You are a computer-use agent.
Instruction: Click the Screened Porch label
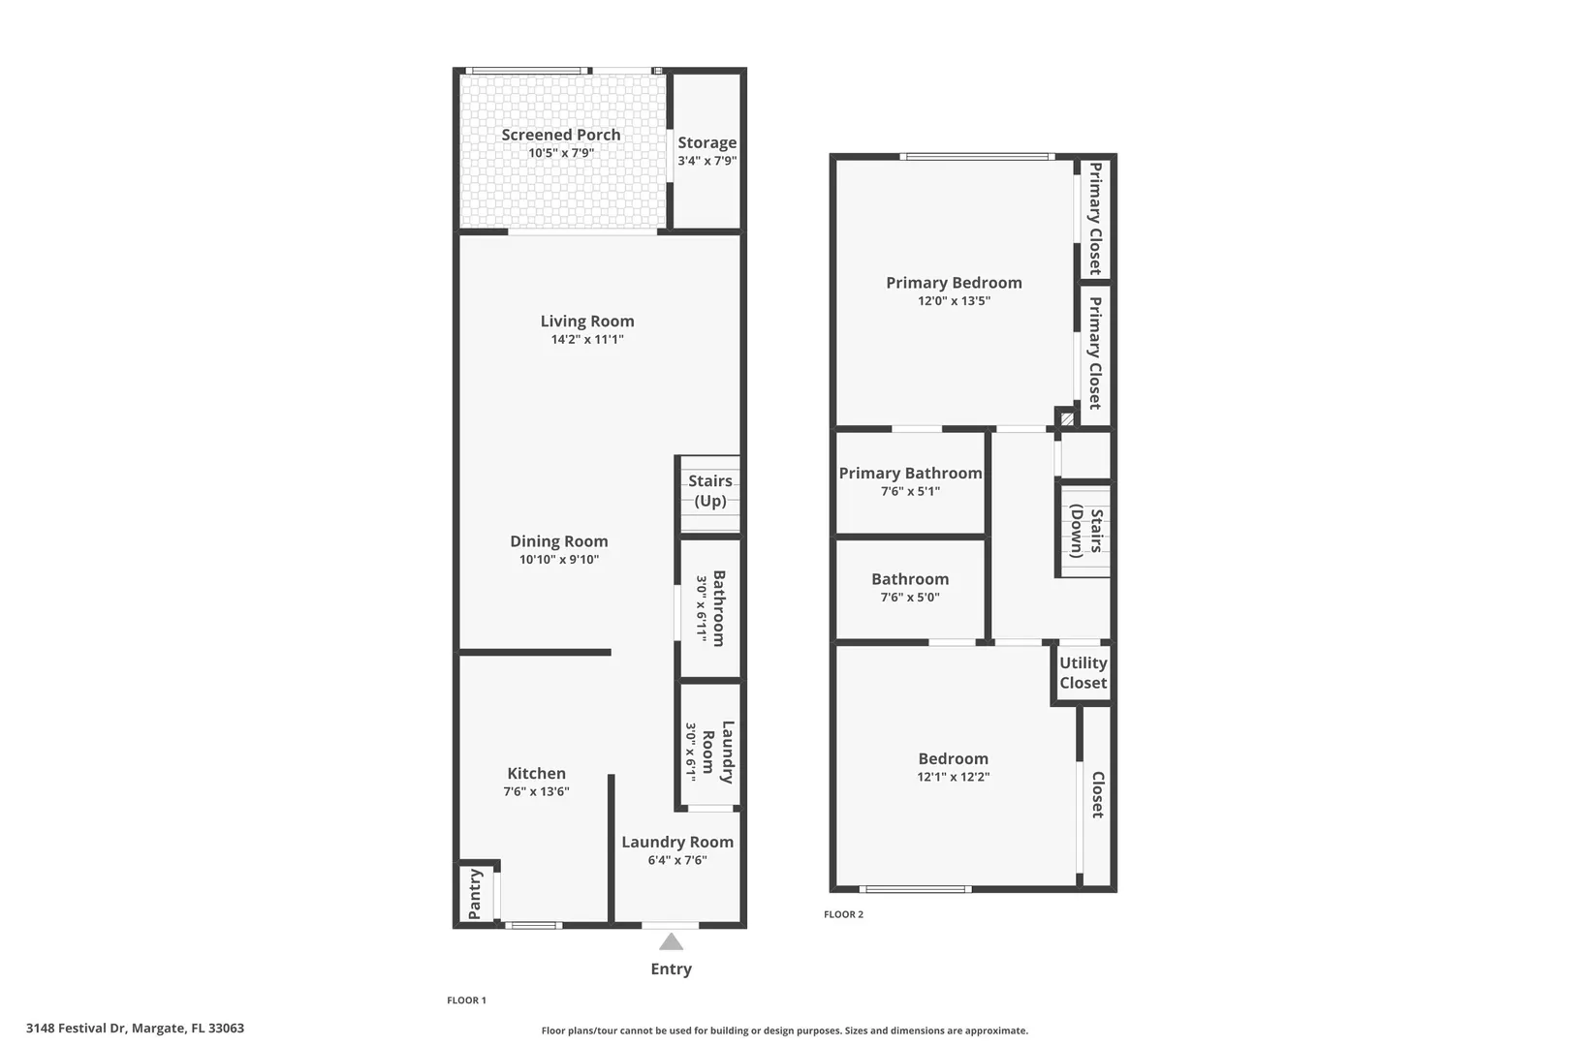point(561,135)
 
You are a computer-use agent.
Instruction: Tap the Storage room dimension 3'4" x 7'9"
point(707,161)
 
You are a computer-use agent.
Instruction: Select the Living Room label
point(587,321)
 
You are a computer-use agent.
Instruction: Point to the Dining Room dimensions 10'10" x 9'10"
point(559,559)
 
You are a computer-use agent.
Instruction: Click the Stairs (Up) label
point(710,490)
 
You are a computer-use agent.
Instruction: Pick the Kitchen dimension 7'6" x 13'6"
point(536,791)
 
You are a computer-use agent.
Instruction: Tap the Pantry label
point(475,894)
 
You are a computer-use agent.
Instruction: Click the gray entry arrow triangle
point(672,941)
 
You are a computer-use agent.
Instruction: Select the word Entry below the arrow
point(672,969)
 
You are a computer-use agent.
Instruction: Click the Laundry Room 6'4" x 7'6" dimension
point(677,860)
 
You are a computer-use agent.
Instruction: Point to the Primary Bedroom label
point(954,283)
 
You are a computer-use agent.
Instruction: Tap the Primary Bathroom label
point(910,473)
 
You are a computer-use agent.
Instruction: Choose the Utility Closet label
point(1083,672)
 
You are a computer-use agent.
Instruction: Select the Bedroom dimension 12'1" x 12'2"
point(954,777)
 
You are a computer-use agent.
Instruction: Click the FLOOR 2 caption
point(843,914)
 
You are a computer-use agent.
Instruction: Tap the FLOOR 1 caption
point(466,1000)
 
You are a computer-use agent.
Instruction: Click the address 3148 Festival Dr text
point(76,1029)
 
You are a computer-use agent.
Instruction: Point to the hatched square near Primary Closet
point(1067,419)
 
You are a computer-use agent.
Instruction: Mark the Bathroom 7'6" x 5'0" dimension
point(910,597)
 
